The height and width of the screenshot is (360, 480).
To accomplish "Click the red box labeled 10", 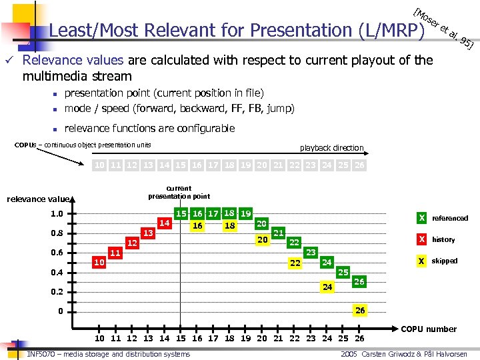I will (x=99, y=263).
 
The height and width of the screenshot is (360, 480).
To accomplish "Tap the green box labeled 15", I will (x=181, y=213).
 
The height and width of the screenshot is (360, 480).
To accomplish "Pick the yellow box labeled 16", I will (x=197, y=226).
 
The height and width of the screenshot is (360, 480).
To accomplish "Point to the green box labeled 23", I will (x=310, y=253).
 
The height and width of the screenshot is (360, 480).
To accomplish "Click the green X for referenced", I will (x=421, y=218).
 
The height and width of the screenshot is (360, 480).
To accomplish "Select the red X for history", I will (x=421, y=239).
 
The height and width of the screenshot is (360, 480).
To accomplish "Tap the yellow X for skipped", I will (x=421, y=261).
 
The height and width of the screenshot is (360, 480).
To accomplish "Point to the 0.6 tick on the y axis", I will (x=71, y=253).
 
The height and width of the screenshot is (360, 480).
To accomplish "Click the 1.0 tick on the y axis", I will (x=71, y=214).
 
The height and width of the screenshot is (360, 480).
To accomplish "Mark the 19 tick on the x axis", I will (x=246, y=338).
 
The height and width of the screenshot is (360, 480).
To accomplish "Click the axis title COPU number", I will (x=428, y=329).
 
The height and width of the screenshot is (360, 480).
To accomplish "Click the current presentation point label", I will (x=179, y=192).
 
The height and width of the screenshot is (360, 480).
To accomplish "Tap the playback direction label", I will (x=331, y=147).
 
